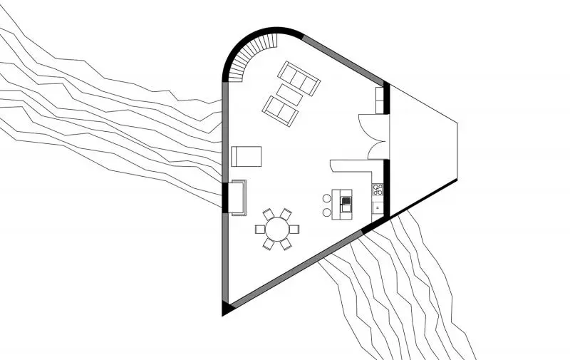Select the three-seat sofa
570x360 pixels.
tap(299, 78)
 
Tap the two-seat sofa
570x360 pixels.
tap(280, 110)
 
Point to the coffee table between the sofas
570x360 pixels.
tap(289, 95)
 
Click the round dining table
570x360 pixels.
tap(276, 229)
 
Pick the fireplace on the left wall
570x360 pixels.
tap(237, 197)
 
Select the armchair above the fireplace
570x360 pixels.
tap(247, 155)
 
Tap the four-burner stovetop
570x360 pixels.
tap(378, 190)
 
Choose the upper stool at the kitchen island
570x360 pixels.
tap(327, 198)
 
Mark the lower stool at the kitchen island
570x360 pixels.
tap(327, 212)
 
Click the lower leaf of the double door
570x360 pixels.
tap(373, 148)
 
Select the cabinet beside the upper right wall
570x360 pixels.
tap(380, 101)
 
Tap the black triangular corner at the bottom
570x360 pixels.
tap(228, 308)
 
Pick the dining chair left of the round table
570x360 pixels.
tap(260, 230)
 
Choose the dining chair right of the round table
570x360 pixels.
tap(294, 229)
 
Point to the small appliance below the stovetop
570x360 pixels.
tap(377, 207)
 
